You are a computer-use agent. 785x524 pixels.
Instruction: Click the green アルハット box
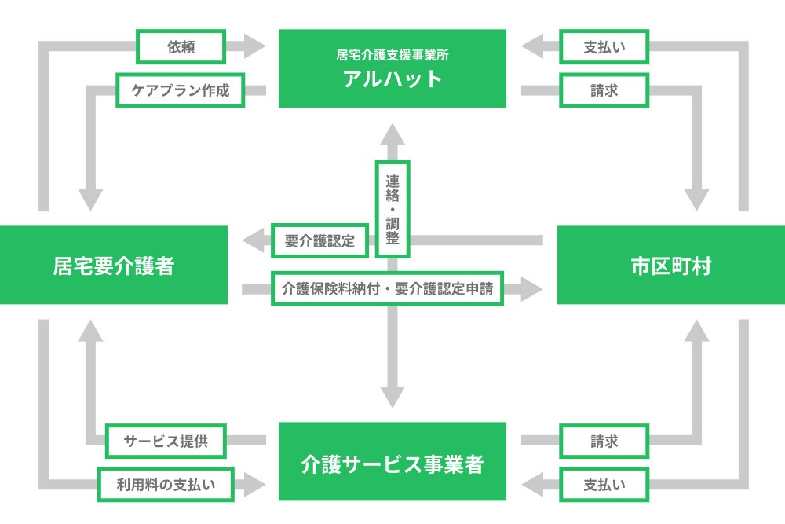(x=392, y=68)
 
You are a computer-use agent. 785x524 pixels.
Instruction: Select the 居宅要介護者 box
(x=114, y=265)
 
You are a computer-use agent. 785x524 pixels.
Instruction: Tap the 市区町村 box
(x=671, y=265)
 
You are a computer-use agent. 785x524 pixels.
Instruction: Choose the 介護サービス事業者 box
(x=392, y=461)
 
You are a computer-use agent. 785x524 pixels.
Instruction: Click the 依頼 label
(x=181, y=47)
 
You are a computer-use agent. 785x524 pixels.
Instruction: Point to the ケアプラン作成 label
(x=181, y=90)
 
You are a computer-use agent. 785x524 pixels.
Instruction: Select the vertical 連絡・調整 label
(x=392, y=210)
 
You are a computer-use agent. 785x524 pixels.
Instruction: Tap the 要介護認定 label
(x=320, y=241)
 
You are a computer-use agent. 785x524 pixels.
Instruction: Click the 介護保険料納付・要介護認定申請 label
(x=387, y=288)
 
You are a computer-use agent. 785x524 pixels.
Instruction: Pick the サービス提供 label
(x=166, y=441)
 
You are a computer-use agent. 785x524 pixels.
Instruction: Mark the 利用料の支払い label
(x=166, y=485)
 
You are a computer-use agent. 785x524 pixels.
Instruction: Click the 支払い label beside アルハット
(x=604, y=47)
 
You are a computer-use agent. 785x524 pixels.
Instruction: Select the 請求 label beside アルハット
(x=604, y=90)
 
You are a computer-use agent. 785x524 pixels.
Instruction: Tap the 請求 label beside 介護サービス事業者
(x=604, y=441)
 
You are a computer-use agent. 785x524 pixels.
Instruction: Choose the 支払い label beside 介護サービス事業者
(x=604, y=485)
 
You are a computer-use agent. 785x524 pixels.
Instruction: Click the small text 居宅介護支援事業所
(x=392, y=55)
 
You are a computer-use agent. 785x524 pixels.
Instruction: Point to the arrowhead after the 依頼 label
(x=254, y=46)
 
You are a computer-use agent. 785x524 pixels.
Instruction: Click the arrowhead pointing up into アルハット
(x=392, y=134)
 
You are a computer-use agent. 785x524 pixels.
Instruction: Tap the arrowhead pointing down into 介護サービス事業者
(x=392, y=397)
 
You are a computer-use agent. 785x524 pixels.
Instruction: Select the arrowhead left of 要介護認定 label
(x=253, y=240)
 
